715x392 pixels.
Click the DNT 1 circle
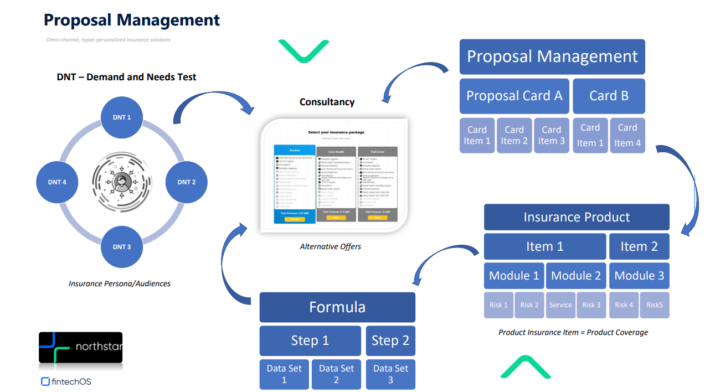pos(122,117)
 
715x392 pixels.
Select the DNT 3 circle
pos(122,246)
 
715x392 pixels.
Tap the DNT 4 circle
pos(57,182)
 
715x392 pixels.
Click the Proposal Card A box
pos(514,96)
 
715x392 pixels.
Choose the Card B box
pos(609,96)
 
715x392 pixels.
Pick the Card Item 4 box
pos(627,135)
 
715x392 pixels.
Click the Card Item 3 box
pos(551,135)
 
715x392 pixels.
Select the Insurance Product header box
pos(577,217)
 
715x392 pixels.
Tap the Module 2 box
pos(576,276)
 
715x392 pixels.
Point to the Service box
pos(560,305)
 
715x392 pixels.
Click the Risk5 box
pos(654,305)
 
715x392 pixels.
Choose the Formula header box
pos(337,307)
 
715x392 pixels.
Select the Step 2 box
pos(390,341)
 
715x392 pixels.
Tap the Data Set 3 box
pos(390,374)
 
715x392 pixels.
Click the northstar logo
pos(80,348)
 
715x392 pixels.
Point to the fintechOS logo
pos(66,381)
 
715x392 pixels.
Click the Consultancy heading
pos(327,102)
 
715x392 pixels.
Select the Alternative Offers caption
pos(330,246)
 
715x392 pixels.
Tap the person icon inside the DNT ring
pos(121,182)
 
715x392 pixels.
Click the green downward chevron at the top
pos(304,51)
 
